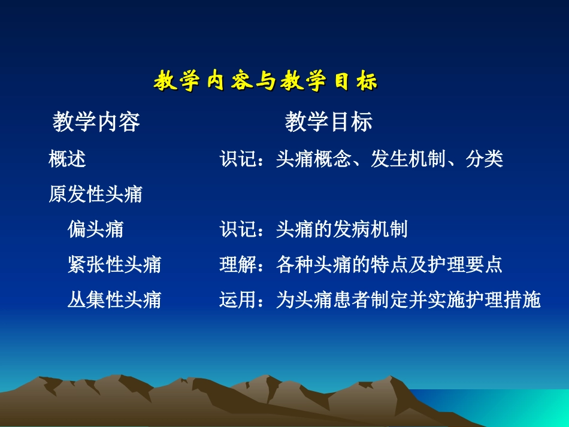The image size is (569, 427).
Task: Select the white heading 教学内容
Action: point(96,122)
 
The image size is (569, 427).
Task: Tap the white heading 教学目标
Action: point(329,122)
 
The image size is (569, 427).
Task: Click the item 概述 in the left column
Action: point(67,159)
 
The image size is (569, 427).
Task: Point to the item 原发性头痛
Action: point(95,194)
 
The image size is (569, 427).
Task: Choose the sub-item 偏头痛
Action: point(95,229)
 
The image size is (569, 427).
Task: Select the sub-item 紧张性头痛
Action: point(114,265)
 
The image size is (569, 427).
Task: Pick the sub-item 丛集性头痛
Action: point(114,299)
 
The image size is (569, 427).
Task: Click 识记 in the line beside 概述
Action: point(238,159)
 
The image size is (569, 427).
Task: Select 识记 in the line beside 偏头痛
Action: point(238,229)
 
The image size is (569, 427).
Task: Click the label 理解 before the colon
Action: point(238,265)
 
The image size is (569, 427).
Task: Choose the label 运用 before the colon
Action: point(238,299)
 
